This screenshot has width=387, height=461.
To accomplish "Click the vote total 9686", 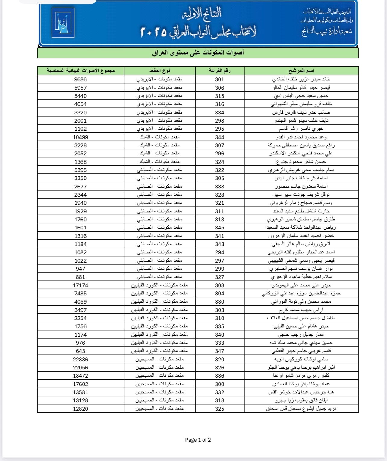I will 80,79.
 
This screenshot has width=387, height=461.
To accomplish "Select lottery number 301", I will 219,79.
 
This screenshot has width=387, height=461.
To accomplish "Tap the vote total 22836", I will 80,359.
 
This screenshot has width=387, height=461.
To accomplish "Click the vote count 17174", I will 80,285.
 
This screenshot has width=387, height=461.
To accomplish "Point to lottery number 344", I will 219,137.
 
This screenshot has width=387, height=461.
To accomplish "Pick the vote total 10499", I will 80,137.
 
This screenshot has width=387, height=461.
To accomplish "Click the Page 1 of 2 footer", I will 198,440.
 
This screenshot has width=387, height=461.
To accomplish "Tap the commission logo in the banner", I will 63,23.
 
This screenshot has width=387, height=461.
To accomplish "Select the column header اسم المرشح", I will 301,71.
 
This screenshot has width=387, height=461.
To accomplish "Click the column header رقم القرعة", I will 219,71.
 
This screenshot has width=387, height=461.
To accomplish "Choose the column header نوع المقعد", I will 159,71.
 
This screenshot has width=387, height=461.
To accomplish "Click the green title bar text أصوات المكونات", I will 198,53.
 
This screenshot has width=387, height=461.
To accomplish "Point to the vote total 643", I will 80,351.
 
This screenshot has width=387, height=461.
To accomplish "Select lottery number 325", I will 219,409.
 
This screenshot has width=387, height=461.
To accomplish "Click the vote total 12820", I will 80,409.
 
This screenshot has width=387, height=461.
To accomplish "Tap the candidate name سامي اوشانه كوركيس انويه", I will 301,359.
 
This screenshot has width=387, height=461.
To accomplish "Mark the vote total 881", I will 80,277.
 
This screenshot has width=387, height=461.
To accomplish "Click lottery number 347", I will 219,351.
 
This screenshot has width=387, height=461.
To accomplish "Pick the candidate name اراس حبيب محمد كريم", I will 301,310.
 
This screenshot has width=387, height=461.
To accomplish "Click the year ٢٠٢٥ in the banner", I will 154,32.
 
